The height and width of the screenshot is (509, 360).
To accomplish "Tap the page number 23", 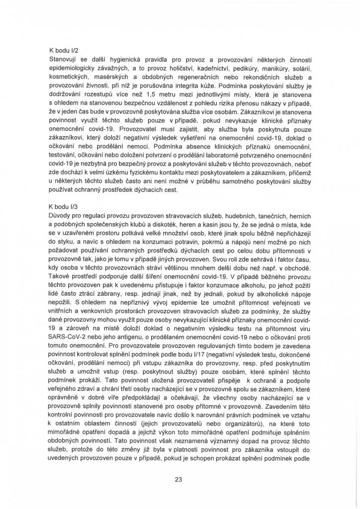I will [x=179, y=479].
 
